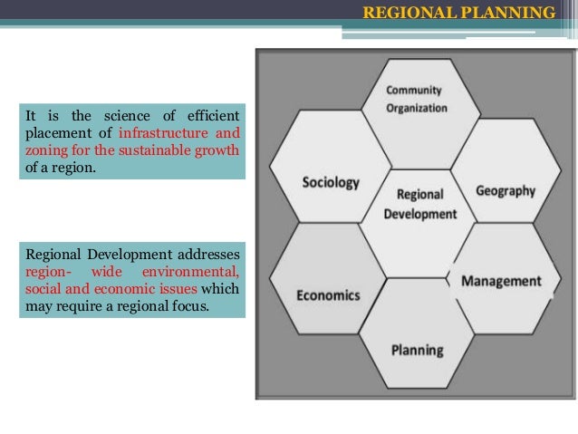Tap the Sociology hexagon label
point(330,182)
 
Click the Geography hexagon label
point(505,191)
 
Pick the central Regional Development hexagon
point(419,204)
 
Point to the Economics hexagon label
point(328,294)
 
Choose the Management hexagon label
point(501,281)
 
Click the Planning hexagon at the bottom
point(417,350)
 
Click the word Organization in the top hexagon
point(417,108)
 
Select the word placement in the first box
point(54,132)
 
